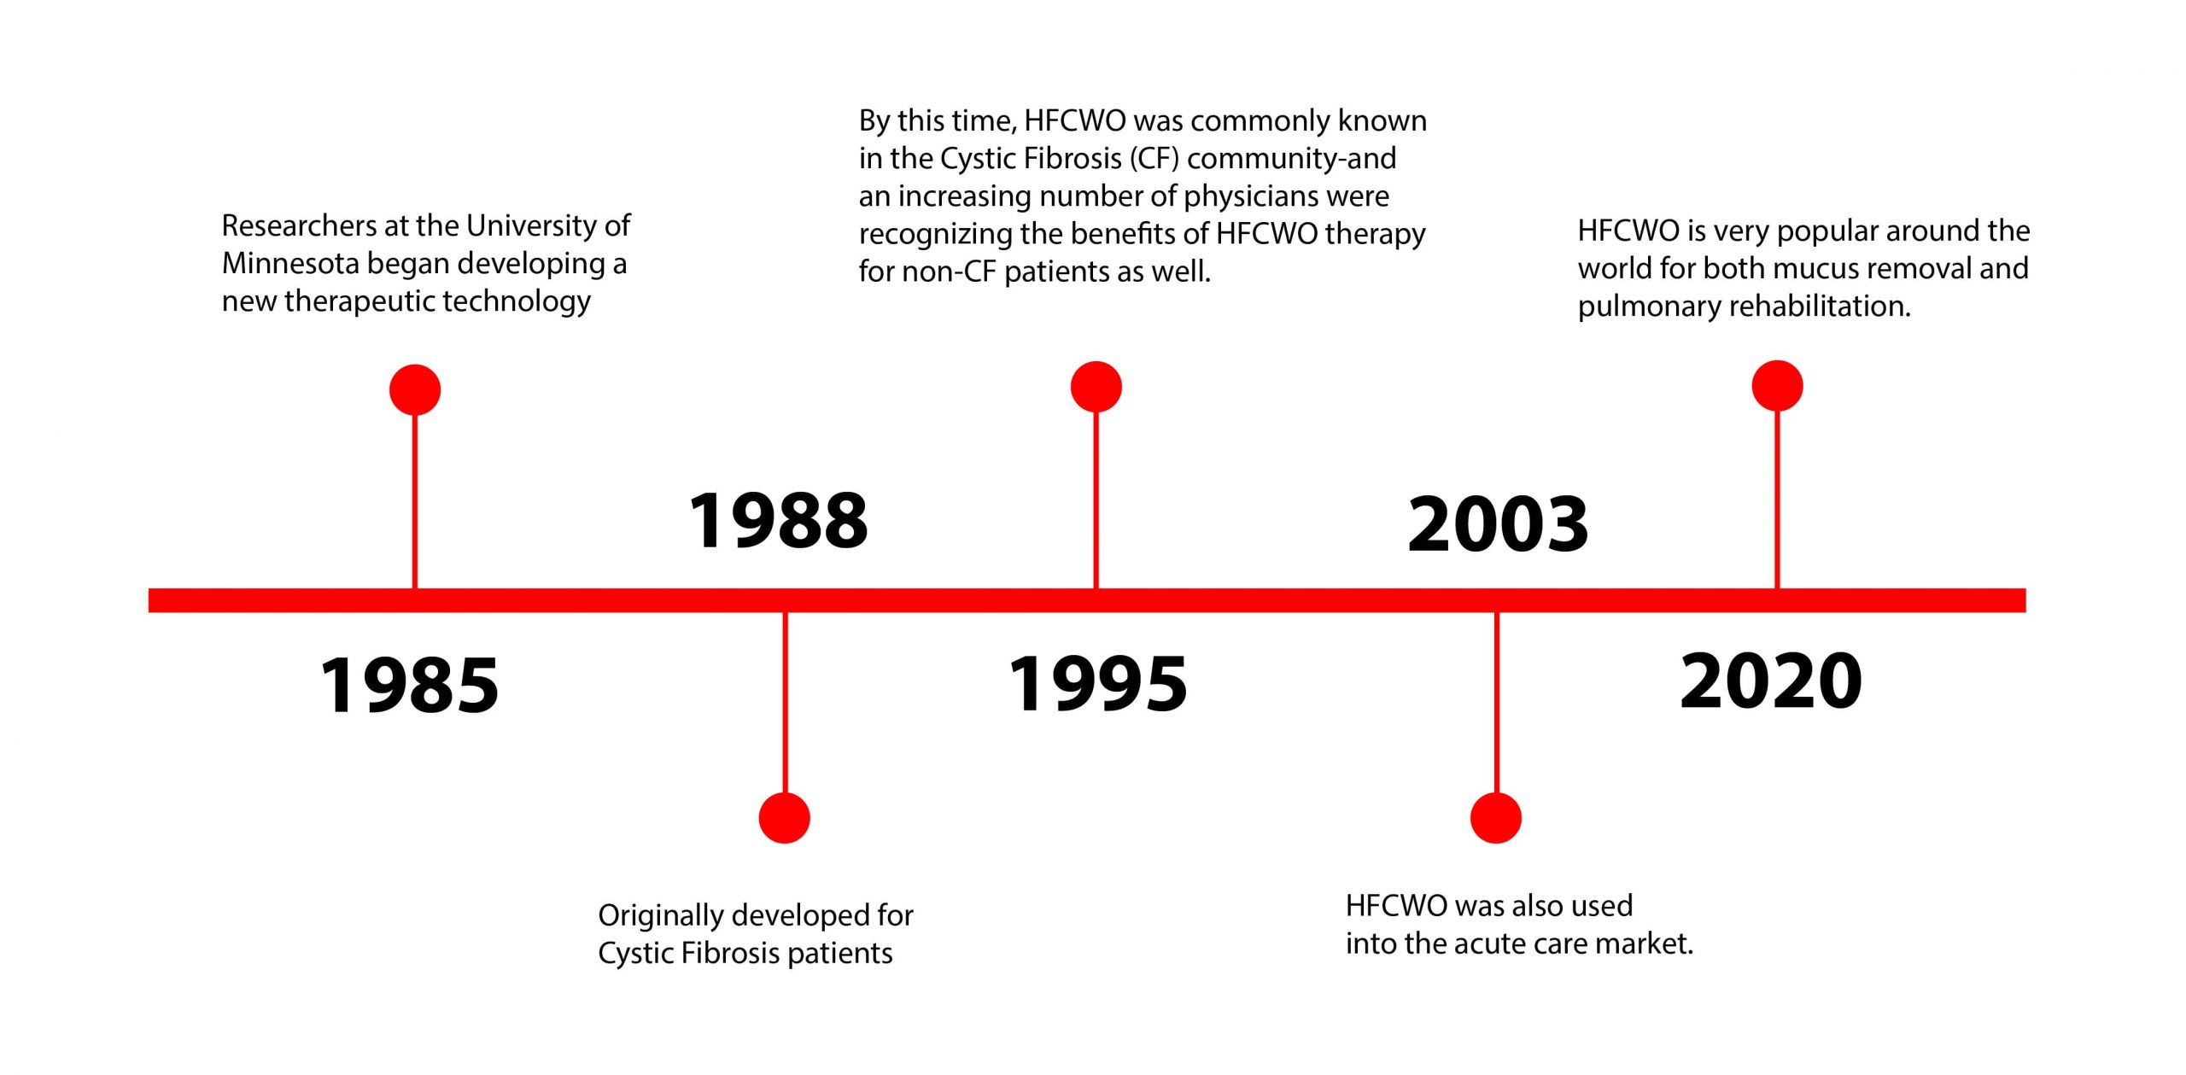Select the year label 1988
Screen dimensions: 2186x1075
click(779, 520)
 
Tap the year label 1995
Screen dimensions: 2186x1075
click(1098, 683)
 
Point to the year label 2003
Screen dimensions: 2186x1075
click(1498, 523)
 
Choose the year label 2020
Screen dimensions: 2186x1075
click(1771, 681)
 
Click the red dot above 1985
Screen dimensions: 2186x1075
click(415, 390)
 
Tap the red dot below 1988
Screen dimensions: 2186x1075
click(784, 818)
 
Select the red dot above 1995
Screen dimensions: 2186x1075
click(1096, 387)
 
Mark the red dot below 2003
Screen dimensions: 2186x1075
click(1496, 818)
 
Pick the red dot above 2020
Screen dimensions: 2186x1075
click(1777, 386)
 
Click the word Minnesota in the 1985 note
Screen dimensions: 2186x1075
click(290, 263)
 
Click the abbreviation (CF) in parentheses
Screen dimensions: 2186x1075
click(1154, 159)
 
